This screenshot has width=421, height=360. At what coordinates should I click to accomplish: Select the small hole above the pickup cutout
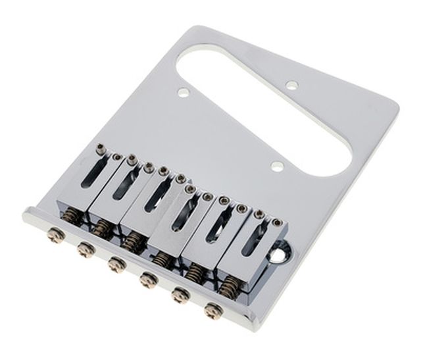tap(291, 84)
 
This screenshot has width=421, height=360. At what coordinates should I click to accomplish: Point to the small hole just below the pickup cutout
tap(278, 167)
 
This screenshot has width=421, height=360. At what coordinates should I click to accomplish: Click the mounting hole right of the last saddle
tap(286, 250)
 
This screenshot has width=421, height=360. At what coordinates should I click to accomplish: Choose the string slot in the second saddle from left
tap(126, 184)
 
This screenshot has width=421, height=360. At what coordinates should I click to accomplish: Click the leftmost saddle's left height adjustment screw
tap(99, 149)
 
